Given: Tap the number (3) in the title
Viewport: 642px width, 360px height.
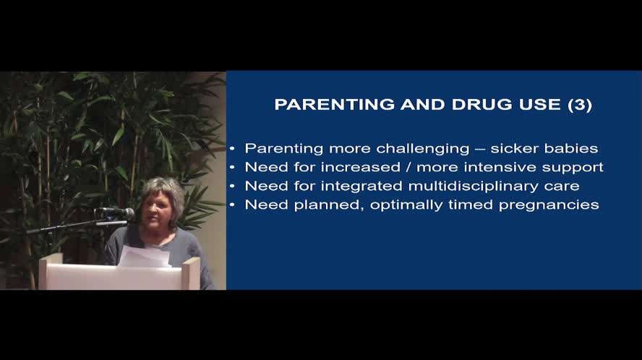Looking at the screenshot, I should pyautogui.click(x=580, y=105).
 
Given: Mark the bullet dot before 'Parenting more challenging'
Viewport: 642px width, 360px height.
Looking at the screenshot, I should pyautogui.click(x=232, y=148).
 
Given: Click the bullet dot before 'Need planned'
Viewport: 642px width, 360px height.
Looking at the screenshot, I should pyautogui.click(x=232, y=205).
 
